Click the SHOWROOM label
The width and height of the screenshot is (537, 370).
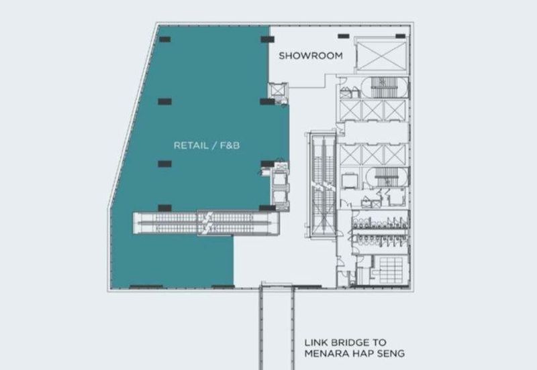point(311,56)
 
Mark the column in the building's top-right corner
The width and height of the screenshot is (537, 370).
point(400,35)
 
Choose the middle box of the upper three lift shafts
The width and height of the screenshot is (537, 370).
point(371,108)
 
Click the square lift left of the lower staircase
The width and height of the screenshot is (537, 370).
point(350,180)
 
